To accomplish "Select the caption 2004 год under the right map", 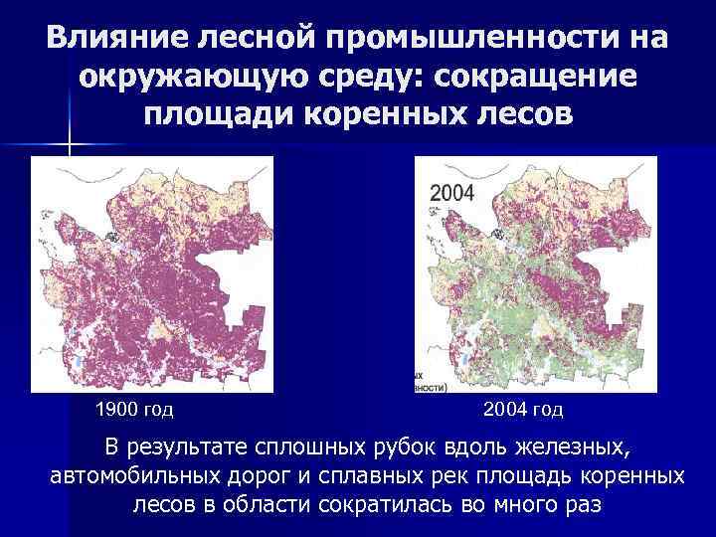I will (522, 409).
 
